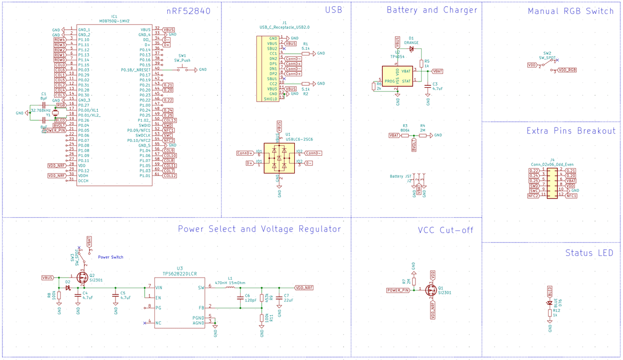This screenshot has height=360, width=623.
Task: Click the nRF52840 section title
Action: click(188, 10)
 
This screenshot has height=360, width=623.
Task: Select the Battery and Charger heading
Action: click(431, 10)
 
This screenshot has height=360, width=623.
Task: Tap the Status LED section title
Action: click(589, 253)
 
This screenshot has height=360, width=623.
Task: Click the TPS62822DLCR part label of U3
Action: click(180, 274)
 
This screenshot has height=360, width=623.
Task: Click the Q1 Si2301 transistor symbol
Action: click(430, 290)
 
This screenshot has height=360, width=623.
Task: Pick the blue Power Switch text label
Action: click(111, 257)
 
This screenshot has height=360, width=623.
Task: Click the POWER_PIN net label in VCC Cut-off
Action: click(398, 290)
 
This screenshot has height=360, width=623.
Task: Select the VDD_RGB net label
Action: click(566, 70)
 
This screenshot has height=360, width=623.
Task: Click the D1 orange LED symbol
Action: click(411, 49)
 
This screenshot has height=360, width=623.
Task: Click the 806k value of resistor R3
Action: click(405, 129)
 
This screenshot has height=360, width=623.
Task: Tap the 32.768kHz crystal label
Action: click(41, 110)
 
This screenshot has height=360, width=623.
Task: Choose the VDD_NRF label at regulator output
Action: click(304, 288)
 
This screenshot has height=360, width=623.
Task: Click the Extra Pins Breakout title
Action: click(571, 131)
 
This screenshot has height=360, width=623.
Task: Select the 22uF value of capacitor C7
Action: click(289, 300)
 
